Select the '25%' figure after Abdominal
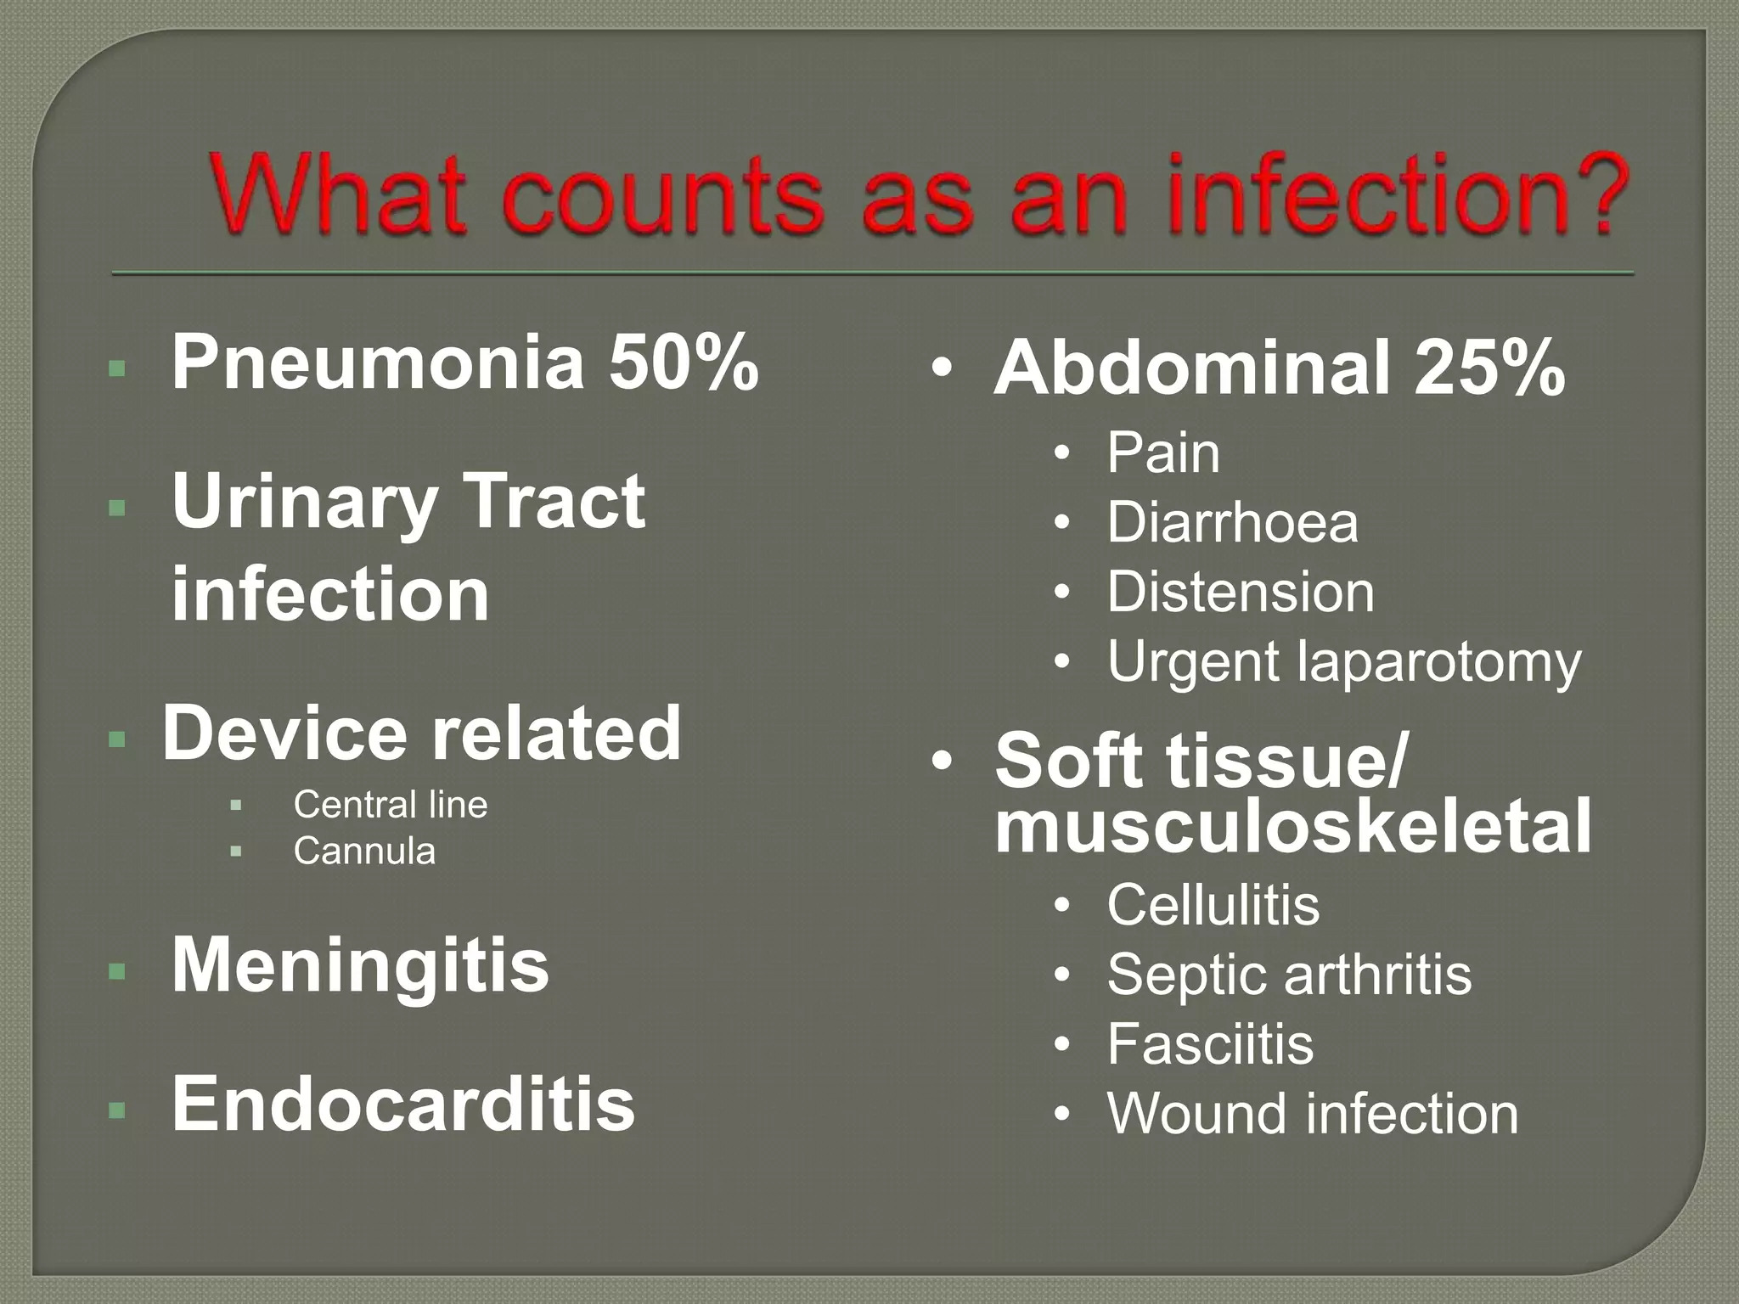point(1489,369)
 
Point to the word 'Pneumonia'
point(379,363)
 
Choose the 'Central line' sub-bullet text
point(391,805)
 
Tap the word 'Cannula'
point(364,851)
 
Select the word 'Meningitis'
point(360,966)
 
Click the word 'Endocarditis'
point(403,1104)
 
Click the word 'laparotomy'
point(1439,662)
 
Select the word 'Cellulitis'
point(1213,904)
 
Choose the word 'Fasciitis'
point(1210,1043)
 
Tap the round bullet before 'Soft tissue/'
point(941,761)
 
